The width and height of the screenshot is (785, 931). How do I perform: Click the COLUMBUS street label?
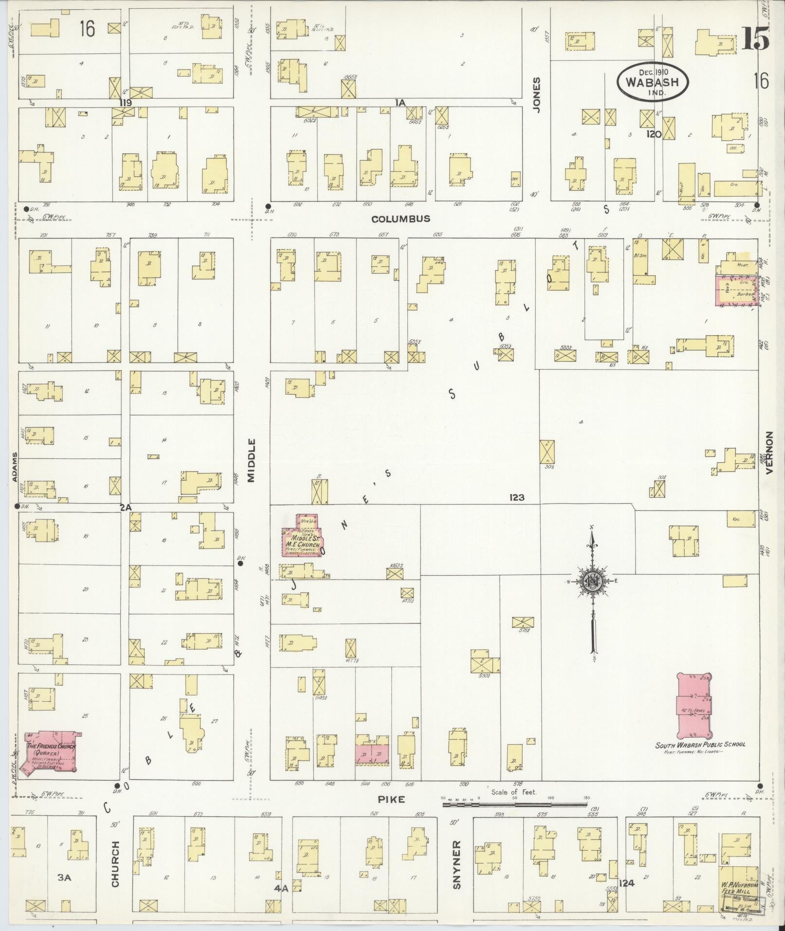click(401, 219)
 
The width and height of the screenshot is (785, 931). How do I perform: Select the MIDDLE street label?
click(252, 460)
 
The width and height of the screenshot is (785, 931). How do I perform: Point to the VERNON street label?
click(769, 453)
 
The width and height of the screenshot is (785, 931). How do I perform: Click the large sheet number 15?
click(755, 38)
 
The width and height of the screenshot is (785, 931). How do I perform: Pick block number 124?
click(627, 882)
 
